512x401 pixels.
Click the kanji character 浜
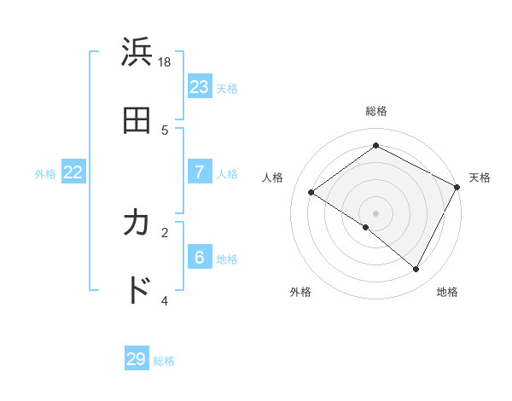click(x=137, y=53)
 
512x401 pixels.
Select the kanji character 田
click(x=137, y=121)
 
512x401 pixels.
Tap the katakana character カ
click(x=137, y=224)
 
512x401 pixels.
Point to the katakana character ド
click(x=137, y=291)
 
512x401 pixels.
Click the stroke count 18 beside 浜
click(x=165, y=61)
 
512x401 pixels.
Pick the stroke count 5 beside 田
click(x=165, y=130)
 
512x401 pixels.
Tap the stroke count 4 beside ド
click(x=165, y=300)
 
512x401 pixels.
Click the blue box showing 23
click(x=200, y=87)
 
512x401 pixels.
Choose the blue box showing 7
click(x=200, y=172)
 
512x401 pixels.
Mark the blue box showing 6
click(x=200, y=258)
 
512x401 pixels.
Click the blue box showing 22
click(x=73, y=172)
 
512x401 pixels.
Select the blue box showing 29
click(x=137, y=359)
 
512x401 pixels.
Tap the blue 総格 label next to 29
click(x=164, y=361)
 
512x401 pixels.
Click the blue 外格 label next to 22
click(x=45, y=174)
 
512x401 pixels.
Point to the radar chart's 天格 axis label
click(x=480, y=177)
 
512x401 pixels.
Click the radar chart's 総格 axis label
click(x=376, y=111)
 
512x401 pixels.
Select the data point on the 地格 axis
click(x=416, y=270)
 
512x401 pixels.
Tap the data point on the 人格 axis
click(x=311, y=193)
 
